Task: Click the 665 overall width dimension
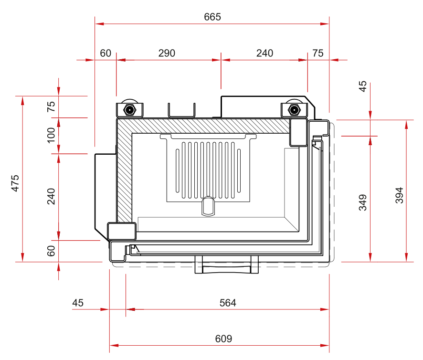click(212, 17)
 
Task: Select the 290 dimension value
click(167, 53)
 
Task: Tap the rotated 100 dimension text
click(51, 135)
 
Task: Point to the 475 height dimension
click(15, 183)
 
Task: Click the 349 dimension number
click(363, 202)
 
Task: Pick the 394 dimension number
click(399, 195)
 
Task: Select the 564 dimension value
click(228, 303)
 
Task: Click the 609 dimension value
click(223, 339)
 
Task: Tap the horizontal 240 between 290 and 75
click(264, 53)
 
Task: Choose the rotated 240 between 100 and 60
click(51, 196)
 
